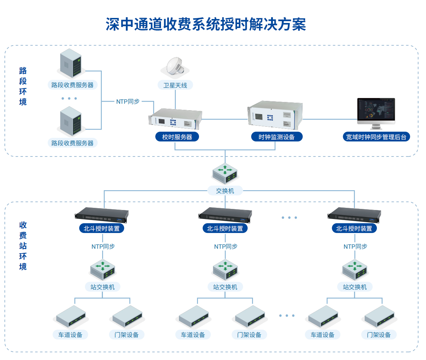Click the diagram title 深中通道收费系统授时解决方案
[206, 24]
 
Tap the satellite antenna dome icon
[175, 66]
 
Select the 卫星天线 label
[175, 85]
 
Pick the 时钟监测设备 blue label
[276, 137]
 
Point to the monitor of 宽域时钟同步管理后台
[376, 111]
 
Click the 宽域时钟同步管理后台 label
[376, 137]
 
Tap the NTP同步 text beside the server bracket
[128, 102]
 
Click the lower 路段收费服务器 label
[72, 143]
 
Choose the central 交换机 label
[225, 191]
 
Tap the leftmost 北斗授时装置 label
[101, 228]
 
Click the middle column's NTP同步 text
[226, 247]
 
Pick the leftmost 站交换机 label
[103, 287]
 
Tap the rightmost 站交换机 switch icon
[355, 270]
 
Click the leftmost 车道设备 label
[70, 335]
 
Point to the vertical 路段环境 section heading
[23, 86]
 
